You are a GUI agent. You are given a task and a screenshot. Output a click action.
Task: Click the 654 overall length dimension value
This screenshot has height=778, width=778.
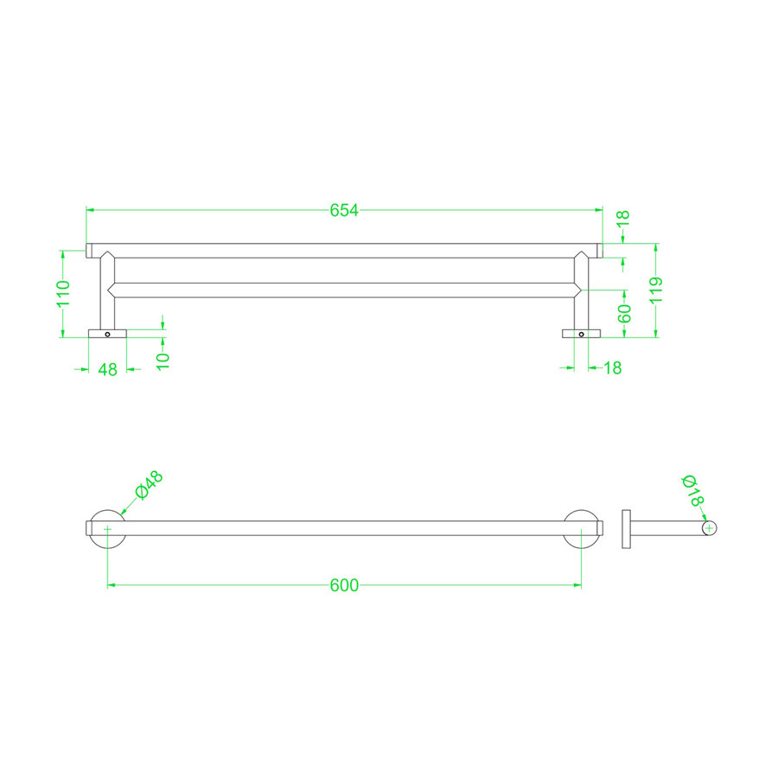(344, 210)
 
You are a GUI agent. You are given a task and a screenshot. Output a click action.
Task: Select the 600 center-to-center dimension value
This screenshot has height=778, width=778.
(344, 585)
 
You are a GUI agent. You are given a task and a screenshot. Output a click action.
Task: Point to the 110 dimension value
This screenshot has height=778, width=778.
(62, 294)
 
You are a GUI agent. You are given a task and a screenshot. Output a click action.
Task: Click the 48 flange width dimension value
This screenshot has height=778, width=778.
(108, 369)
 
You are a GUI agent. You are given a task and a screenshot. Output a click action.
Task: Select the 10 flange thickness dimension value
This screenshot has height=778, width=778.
(163, 359)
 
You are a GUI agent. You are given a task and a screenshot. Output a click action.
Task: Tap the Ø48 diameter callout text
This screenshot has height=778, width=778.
(148, 488)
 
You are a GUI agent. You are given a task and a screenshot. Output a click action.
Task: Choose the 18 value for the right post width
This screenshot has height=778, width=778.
(612, 368)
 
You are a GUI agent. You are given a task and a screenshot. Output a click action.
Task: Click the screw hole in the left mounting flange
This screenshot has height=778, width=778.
(108, 334)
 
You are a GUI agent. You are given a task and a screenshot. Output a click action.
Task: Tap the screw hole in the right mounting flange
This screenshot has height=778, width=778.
(582, 334)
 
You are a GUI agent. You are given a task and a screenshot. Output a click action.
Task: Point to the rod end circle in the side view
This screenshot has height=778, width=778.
(709, 528)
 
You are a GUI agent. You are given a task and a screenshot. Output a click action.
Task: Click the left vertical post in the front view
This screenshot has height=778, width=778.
(107, 294)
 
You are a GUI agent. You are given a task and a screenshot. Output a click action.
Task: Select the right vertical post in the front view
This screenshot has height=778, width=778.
(582, 294)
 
